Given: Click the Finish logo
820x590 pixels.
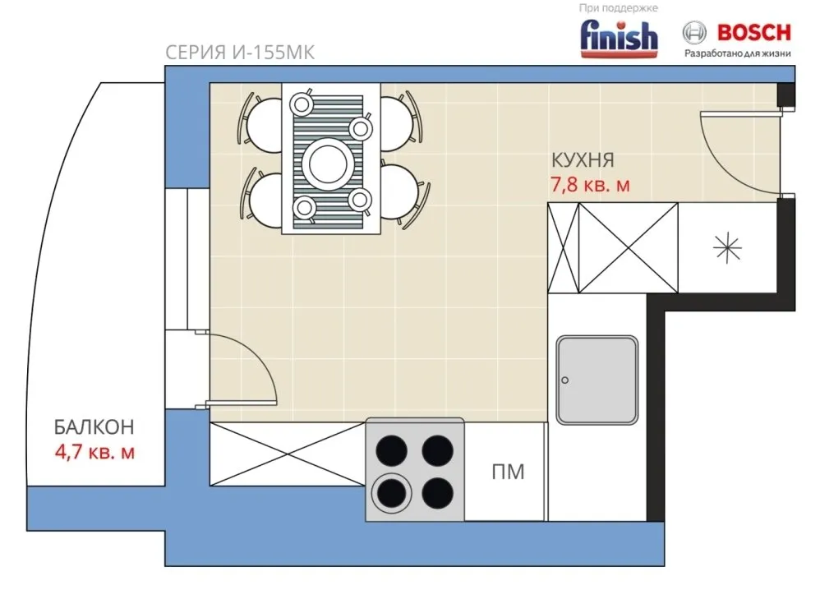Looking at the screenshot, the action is pyautogui.click(x=620, y=38).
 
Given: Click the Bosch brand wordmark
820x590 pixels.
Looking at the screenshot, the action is pyautogui.click(x=753, y=32).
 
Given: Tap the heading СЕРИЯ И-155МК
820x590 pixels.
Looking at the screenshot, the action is pyautogui.click(x=240, y=53).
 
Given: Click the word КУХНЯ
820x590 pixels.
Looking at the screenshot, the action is pyautogui.click(x=583, y=160).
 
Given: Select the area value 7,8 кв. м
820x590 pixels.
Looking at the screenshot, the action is pyautogui.click(x=590, y=185).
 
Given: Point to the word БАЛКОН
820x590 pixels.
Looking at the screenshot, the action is pyautogui.click(x=94, y=427).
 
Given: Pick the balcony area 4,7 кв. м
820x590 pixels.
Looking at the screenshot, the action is pyautogui.click(x=94, y=452).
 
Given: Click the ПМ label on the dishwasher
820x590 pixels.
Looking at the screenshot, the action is pyautogui.click(x=508, y=472).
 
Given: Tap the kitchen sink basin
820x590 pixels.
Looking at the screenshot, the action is pyautogui.click(x=597, y=380).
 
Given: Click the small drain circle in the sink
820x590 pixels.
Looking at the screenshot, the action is pyautogui.click(x=564, y=380).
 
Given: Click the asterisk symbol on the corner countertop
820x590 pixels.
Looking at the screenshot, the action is pyautogui.click(x=727, y=247).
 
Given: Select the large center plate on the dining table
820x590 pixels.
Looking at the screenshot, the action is pyautogui.click(x=329, y=164).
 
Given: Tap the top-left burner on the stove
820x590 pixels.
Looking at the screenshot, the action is pyautogui.click(x=392, y=450).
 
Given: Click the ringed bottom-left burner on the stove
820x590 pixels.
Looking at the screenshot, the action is pyautogui.click(x=392, y=494).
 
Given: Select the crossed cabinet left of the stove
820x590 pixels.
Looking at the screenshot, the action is pyautogui.click(x=288, y=454).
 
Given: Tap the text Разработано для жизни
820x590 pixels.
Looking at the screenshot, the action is pyautogui.click(x=738, y=53).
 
